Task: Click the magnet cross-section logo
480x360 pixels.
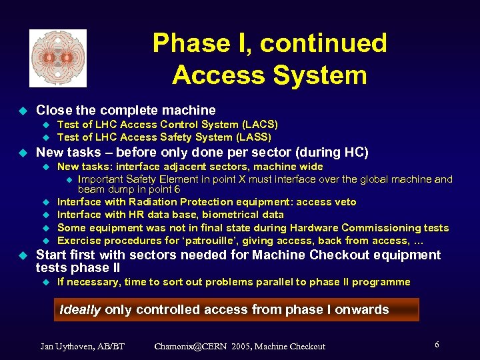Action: tap(58, 58)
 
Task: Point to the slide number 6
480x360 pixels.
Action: tap(437, 345)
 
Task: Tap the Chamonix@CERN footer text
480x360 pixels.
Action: tap(239, 346)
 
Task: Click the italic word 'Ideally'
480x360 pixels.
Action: tap(81, 309)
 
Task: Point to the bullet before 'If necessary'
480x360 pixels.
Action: tap(46, 282)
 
